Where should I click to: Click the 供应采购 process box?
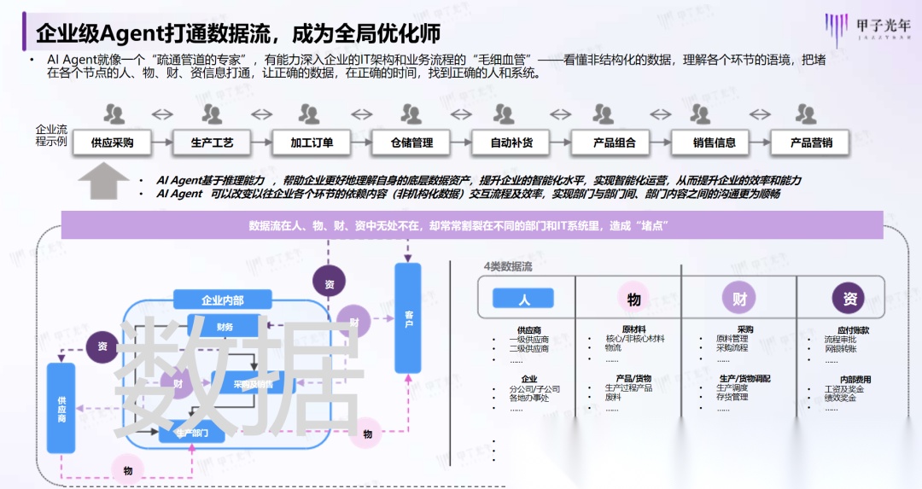(113, 143)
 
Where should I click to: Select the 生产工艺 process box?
(213, 143)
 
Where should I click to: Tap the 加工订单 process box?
(312, 143)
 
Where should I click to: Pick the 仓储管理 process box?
(412, 143)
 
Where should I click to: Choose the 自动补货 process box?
(511, 143)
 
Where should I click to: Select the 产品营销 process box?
(810, 143)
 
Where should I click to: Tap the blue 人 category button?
(523, 298)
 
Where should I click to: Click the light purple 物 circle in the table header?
(633, 299)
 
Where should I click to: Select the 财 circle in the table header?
(739, 299)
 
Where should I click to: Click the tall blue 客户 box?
(408, 317)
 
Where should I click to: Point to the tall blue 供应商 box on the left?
(61, 407)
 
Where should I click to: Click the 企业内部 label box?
(222, 300)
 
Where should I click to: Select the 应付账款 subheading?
(853, 329)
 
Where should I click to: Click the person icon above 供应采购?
(114, 114)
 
